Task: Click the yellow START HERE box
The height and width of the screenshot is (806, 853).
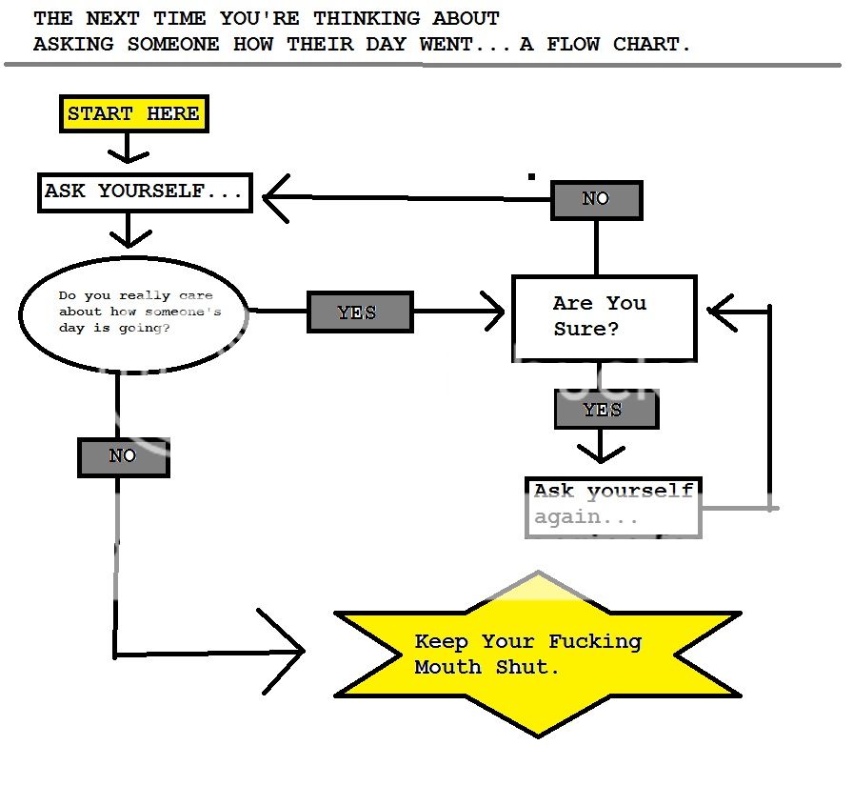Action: click(x=133, y=114)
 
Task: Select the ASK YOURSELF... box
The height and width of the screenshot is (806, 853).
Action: click(x=145, y=191)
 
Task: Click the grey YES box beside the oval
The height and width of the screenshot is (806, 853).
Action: click(x=360, y=312)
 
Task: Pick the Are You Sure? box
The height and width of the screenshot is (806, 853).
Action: click(x=604, y=317)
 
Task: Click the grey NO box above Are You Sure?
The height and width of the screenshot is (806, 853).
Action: click(x=597, y=199)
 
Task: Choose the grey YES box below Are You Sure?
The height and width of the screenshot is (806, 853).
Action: click(x=605, y=410)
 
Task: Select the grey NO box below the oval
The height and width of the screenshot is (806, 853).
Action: click(x=123, y=456)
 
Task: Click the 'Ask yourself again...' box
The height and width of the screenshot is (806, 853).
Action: click(x=613, y=507)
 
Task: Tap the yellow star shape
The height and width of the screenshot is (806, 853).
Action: click(x=538, y=655)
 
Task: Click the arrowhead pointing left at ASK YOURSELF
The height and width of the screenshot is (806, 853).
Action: click(x=275, y=198)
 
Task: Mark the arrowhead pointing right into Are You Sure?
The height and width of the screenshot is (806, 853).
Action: click(x=493, y=312)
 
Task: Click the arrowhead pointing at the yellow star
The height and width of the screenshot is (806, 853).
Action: click(x=286, y=651)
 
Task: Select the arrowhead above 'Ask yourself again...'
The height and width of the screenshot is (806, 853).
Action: click(x=600, y=450)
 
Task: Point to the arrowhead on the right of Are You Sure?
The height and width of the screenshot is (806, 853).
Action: click(x=721, y=311)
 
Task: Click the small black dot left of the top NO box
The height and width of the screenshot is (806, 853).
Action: click(x=531, y=176)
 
